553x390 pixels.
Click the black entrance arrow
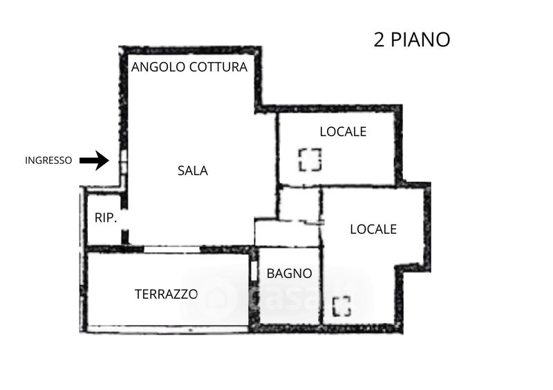(x=95, y=161)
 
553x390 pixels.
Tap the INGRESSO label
(x=48, y=160)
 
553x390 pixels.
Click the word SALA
(x=193, y=171)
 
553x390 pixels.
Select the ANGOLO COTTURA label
(x=189, y=68)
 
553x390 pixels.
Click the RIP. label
(x=106, y=218)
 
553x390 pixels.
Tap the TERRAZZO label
(x=166, y=293)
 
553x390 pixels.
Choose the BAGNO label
(x=290, y=273)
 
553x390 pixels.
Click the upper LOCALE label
(x=343, y=131)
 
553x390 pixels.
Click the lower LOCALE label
(x=373, y=229)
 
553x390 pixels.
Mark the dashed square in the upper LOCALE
(x=310, y=160)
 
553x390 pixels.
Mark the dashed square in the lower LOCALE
(x=341, y=306)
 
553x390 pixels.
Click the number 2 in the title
(x=379, y=39)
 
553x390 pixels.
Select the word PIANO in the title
(x=421, y=39)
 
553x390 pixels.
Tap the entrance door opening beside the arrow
(x=123, y=162)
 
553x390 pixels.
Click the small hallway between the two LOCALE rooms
(x=299, y=204)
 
